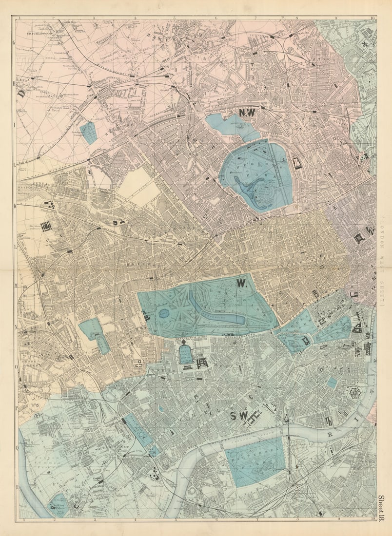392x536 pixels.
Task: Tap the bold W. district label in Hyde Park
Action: (x=241, y=283)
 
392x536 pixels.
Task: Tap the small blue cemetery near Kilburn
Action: (x=88, y=133)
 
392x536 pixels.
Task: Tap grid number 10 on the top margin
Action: (x=372, y=19)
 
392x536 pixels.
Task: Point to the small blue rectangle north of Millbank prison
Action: (x=332, y=383)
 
